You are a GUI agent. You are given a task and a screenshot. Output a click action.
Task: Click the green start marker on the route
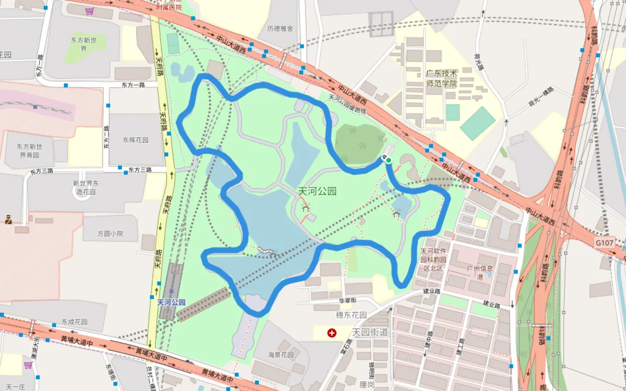389,160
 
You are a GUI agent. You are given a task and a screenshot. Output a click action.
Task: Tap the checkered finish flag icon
383,157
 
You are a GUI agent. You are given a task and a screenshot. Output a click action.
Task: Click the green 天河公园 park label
317,191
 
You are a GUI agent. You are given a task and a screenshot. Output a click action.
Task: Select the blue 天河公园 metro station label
171,302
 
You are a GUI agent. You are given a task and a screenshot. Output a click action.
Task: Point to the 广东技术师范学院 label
441,78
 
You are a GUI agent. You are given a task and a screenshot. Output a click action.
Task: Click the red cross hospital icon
331,332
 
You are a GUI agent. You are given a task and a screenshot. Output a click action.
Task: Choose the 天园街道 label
370,332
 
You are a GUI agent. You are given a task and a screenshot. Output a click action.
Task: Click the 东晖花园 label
136,140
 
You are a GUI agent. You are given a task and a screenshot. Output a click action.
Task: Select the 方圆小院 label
110,234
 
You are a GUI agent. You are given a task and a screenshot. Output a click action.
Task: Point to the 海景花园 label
281,355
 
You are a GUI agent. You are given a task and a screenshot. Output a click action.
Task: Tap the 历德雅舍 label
280,29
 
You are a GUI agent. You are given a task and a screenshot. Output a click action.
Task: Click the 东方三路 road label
140,170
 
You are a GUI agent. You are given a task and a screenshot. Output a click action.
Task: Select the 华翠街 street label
347,300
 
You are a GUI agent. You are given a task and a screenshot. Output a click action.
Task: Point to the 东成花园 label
74,322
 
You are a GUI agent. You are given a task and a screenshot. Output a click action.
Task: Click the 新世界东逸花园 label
86,187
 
